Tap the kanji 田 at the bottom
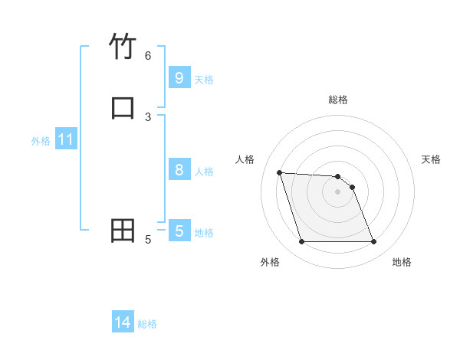tap(123, 230)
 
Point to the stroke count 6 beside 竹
tap(148, 55)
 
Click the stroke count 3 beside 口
tap(148, 116)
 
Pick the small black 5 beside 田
tap(148, 240)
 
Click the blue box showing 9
tap(179, 77)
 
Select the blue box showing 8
tap(179, 169)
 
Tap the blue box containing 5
tap(179, 231)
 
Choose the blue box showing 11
tap(65, 139)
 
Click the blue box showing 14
tap(123, 322)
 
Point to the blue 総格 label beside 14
tap(147, 324)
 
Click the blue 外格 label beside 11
tap(41, 141)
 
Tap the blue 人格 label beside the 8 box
tap(204, 171)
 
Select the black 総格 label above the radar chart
tap(337, 100)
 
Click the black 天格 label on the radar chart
tap(432, 159)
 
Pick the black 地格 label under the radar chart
tap(402, 262)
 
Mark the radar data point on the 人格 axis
tap(279, 173)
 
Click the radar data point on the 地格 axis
tap(373, 242)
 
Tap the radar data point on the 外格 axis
tap(301, 242)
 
